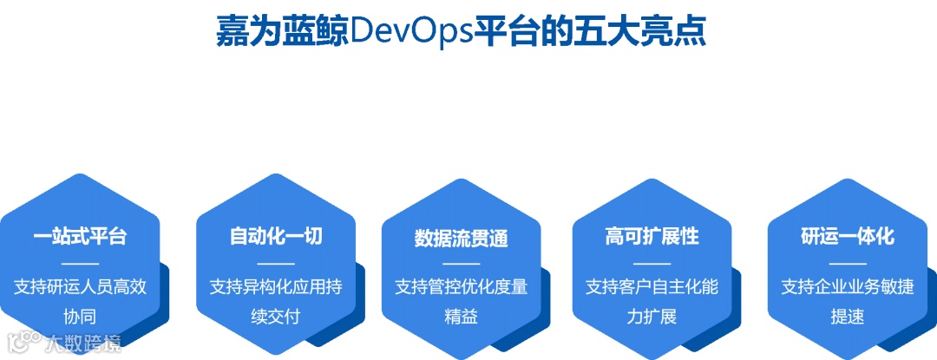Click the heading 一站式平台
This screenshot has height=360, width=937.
(x=80, y=236)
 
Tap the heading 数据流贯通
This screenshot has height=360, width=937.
(x=461, y=238)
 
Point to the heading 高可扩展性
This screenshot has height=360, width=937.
(x=652, y=236)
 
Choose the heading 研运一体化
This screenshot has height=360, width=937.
(x=847, y=236)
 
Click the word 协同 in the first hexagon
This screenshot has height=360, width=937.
(x=80, y=315)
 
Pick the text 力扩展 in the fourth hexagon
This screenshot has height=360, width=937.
(x=652, y=315)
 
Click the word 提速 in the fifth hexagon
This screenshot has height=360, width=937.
(x=847, y=315)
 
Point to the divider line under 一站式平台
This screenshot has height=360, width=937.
(x=80, y=263)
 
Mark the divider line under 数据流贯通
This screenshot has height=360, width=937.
(x=461, y=263)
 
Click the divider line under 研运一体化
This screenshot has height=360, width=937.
(x=847, y=263)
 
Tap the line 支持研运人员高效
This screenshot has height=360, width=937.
(x=80, y=286)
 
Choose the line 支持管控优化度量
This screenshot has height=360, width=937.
(x=461, y=286)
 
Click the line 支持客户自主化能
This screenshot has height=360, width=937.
(x=652, y=286)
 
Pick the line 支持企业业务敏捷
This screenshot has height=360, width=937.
(x=847, y=286)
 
